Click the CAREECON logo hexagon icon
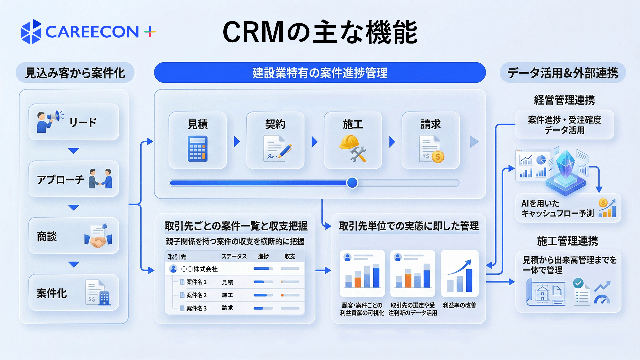[31, 32]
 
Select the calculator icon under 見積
[197, 149]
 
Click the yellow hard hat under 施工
[349, 142]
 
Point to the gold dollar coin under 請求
[438, 156]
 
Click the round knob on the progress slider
[352, 183]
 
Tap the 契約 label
[275, 124]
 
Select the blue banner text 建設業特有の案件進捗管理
[320, 73]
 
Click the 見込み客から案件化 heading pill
[75, 73]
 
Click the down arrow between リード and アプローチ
[73, 151]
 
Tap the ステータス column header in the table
[234, 256]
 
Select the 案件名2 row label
[196, 295]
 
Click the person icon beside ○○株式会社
[173, 269]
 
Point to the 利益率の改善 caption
[459, 305]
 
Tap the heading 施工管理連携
[567, 241]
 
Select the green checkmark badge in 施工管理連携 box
[578, 283]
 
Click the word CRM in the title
[253, 32]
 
